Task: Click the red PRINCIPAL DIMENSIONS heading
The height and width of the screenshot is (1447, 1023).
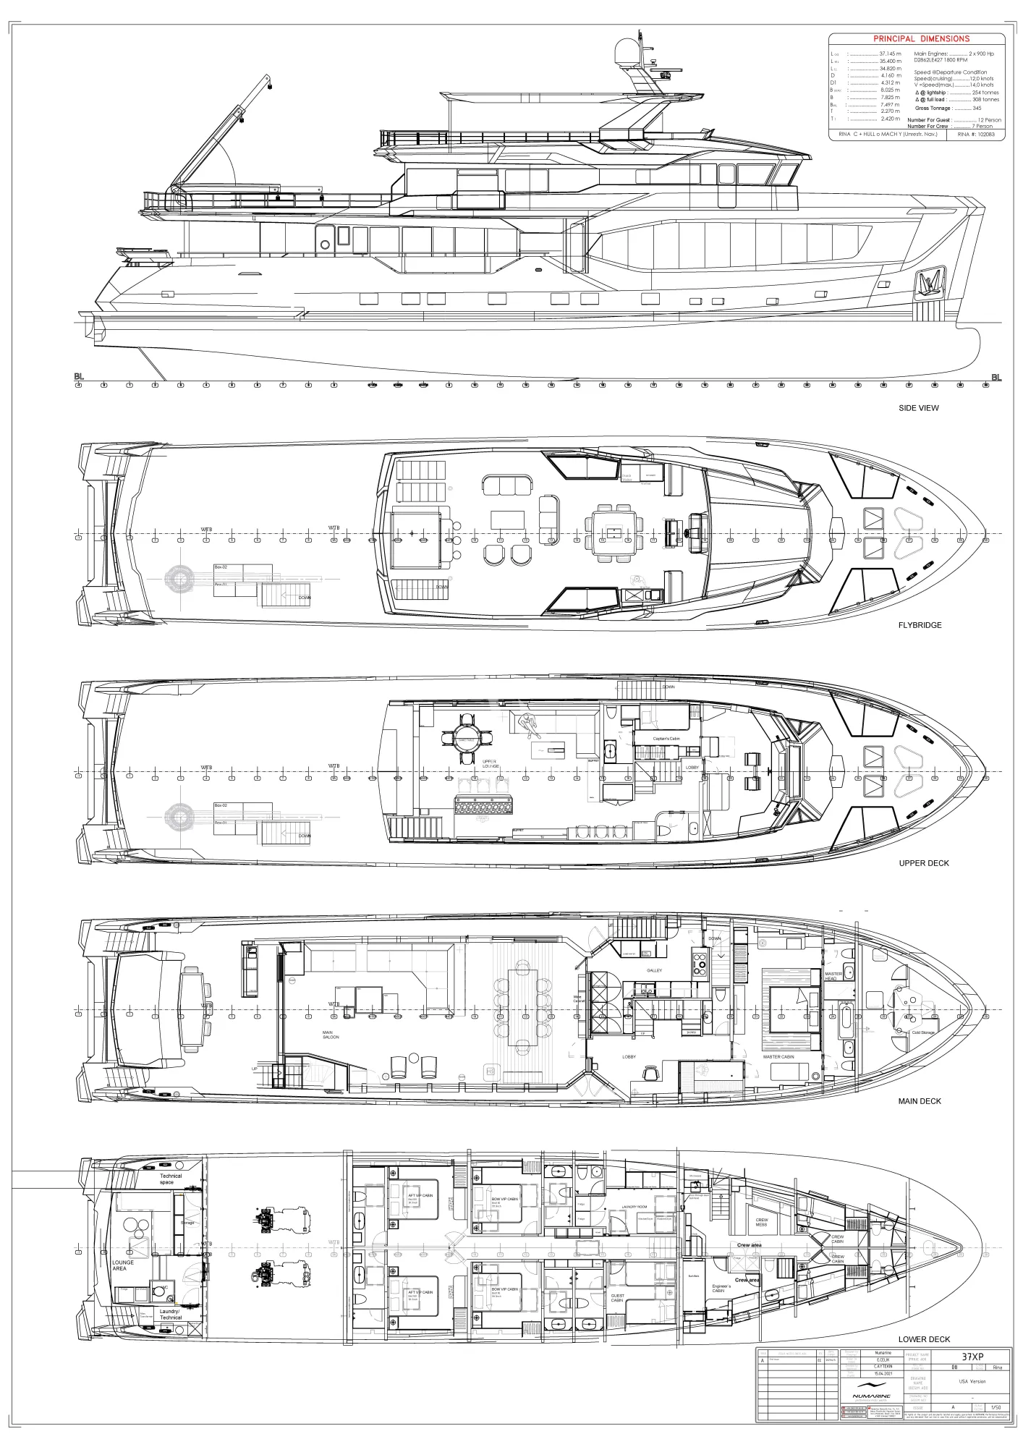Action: pyautogui.click(x=921, y=39)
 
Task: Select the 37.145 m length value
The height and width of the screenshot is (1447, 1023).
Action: pyautogui.click(x=890, y=54)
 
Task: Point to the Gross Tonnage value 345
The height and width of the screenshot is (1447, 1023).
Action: pyautogui.click(x=977, y=109)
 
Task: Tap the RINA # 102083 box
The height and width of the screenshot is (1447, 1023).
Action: pyautogui.click(x=976, y=135)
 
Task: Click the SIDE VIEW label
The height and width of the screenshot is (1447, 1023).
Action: pyautogui.click(x=918, y=408)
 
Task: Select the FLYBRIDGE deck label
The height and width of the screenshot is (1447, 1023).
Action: pyautogui.click(x=920, y=625)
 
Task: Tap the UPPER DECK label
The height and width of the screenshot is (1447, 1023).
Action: pyautogui.click(x=923, y=863)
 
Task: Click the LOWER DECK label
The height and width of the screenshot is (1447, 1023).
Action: pyautogui.click(x=924, y=1339)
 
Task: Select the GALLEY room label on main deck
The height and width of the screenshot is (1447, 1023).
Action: pyautogui.click(x=654, y=970)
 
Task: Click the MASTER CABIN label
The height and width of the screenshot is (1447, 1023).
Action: pyautogui.click(x=778, y=1057)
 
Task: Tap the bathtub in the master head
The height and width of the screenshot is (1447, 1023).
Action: pyautogui.click(x=846, y=1016)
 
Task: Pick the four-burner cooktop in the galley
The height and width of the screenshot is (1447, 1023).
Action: pyautogui.click(x=700, y=964)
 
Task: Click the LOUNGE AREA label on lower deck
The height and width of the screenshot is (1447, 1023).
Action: pyautogui.click(x=122, y=1265)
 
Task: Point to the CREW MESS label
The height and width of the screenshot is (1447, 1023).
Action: pyautogui.click(x=761, y=1222)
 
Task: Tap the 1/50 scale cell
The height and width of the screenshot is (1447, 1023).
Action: pyautogui.click(x=996, y=1407)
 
